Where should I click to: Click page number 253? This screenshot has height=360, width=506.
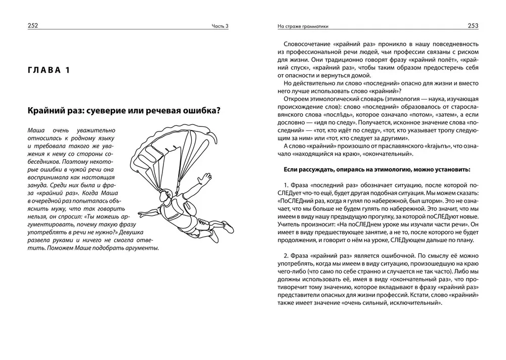[x=472, y=26]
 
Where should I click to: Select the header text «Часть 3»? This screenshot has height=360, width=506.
[x=220, y=27]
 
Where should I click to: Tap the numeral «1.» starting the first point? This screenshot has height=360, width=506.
[x=286, y=186]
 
